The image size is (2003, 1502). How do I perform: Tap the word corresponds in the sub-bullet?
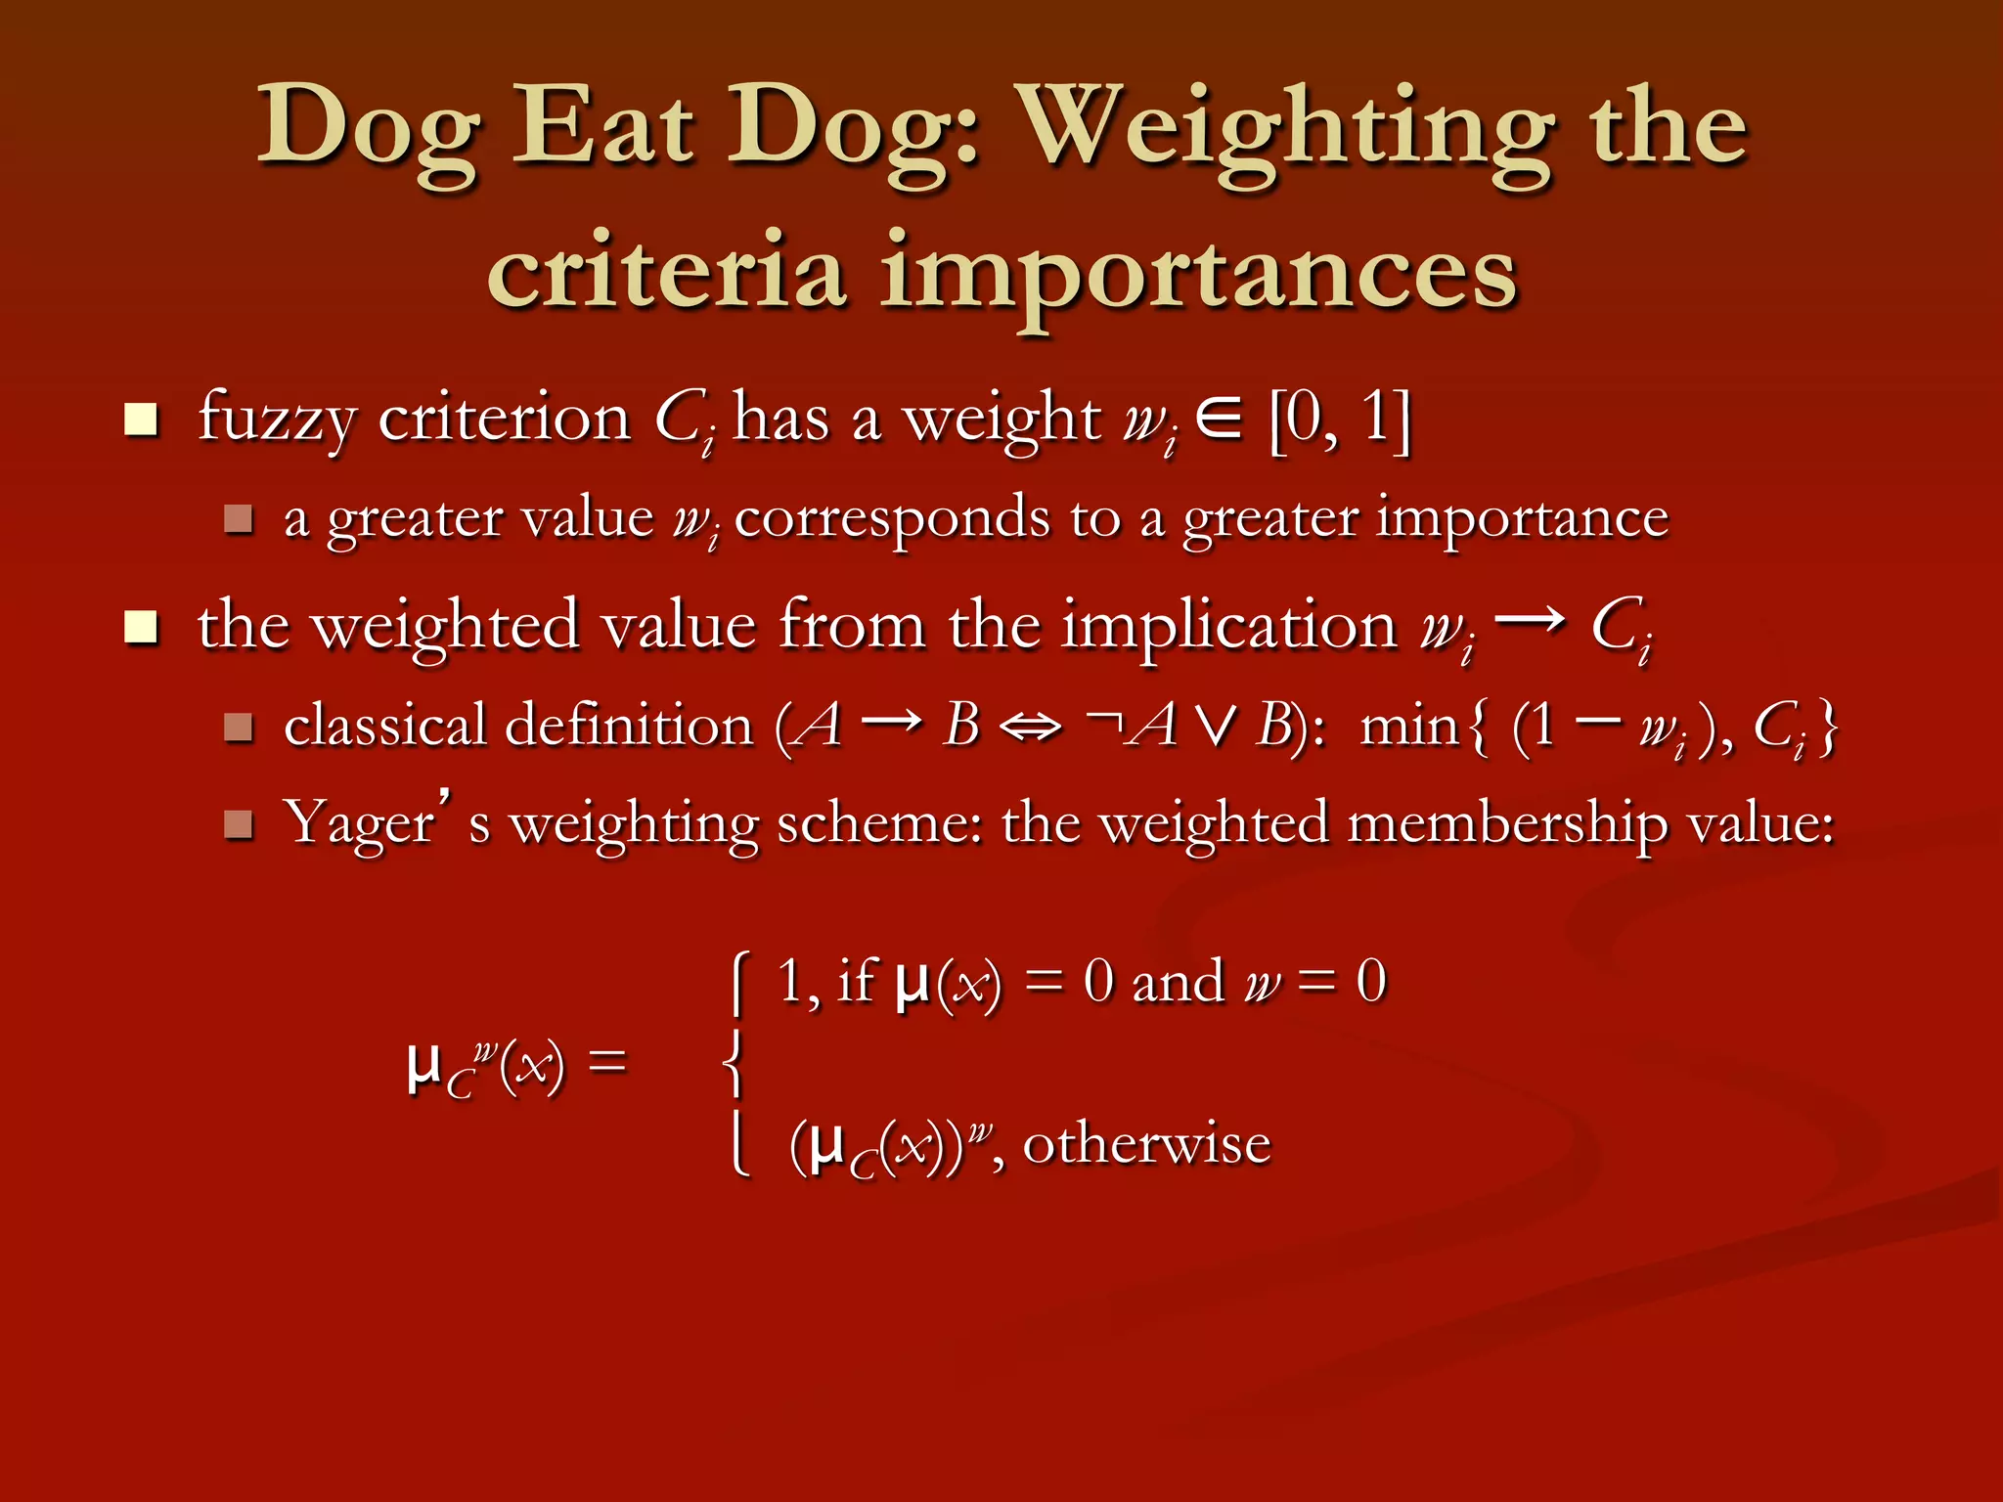point(891,518)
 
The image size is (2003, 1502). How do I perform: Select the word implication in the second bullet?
point(1229,626)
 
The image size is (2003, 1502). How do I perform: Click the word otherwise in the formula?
point(1146,1144)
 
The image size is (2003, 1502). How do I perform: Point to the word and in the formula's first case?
point(1178,982)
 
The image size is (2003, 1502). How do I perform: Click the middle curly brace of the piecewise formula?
point(734,1063)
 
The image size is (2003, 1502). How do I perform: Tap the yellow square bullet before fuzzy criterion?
point(142,420)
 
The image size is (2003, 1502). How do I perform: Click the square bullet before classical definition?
point(239,727)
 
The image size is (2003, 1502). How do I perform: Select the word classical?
point(384,727)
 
